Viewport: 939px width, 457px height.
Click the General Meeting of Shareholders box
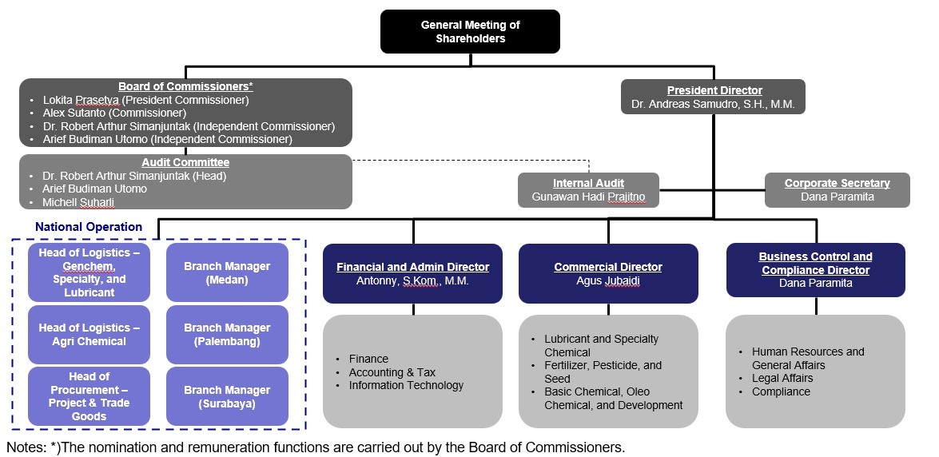(x=470, y=32)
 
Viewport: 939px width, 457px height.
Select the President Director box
(x=714, y=97)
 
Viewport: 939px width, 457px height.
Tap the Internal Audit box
(x=588, y=190)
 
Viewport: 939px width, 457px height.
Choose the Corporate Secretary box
(x=837, y=190)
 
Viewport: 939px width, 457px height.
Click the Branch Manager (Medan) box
(x=227, y=272)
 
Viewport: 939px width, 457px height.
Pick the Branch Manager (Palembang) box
(x=227, y=334)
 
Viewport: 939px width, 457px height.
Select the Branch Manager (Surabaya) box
(x=227, y=396)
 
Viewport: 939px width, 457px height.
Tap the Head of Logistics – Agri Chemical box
(x=89, y=334)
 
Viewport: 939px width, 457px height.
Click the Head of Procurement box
(x=89, y=396)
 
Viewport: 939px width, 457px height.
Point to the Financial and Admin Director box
(x=412, y=273)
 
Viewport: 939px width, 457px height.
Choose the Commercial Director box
(x=607, y=273)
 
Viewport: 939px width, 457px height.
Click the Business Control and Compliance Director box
(x=815, y=270)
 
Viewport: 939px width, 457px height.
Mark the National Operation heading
(x=89, y=227)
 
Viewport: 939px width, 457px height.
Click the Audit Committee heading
(x=185, y=162)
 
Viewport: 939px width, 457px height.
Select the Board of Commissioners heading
(x=185, y=86)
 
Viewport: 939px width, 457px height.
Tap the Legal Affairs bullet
(x=782, y=378)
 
